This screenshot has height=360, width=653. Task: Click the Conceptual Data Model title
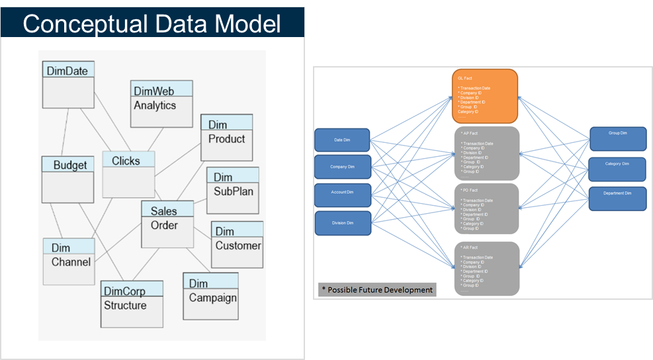[152, 23]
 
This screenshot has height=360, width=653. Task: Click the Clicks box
[129, 174]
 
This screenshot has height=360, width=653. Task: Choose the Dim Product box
[226, 137]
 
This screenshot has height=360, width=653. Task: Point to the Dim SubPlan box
[233, 190]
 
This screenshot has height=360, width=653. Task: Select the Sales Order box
[168, 224]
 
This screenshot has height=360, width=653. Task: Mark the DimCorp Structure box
[132, 304]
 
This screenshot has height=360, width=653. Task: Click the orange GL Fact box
[484, 96]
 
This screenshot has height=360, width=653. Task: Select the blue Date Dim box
[342, 140]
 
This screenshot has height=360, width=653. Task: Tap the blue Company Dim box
[342, 167]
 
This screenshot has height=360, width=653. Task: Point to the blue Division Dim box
[342, 223]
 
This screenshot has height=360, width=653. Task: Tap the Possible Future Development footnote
[377, 290]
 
